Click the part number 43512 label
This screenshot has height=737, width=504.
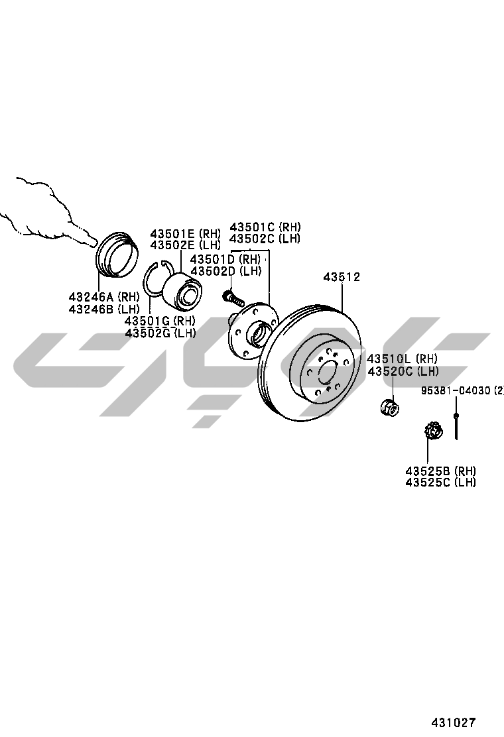click(x=342, y=277)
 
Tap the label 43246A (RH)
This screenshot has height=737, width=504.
click(x=104, y=297)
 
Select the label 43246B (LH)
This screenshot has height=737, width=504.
click(x=104, y=310)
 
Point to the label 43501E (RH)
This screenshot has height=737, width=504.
click(x=185, y=233)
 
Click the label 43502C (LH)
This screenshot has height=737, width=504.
click(x=265, y=239)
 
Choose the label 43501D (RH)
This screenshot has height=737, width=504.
click(x=225, y=259)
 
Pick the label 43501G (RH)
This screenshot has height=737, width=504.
click(x=160, y=321)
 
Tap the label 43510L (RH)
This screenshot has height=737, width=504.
click(x=403, y=359)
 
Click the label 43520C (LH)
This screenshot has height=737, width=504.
click(x=403, y=371)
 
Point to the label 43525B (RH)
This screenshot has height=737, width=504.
click(x=440, y=471)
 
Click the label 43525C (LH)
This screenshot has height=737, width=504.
click(x=440, y=482)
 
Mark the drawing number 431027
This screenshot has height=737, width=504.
click(x=454, y=722)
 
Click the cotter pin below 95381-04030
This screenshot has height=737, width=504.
click(x=456, y=426)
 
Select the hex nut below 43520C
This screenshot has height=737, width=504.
click(x=390, y=406)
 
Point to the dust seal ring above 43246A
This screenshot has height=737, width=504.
click(x=117, y=253)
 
